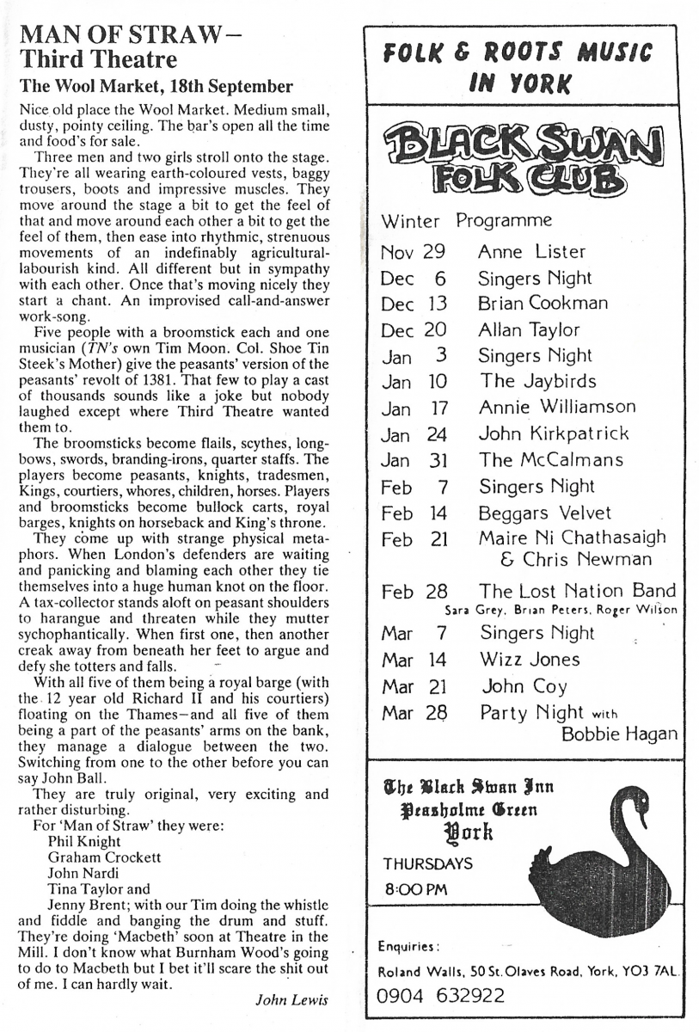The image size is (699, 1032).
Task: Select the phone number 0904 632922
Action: pyautogui.click(x=441, y=997)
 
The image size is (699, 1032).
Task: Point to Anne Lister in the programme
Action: pyautogui.click(x=531, y=252)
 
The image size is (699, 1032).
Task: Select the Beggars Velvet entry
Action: pyautogui.click(x=545, y=513)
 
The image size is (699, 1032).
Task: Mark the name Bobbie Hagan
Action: pyautogui.click(x=618, y=734)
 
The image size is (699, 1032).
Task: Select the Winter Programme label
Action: pyautogui.click(x=467, y=220)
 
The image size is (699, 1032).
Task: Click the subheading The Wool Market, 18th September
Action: pyautogui.click(x=157, y=87)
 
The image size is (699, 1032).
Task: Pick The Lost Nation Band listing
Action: pyautogui.click(x=577, y=591)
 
